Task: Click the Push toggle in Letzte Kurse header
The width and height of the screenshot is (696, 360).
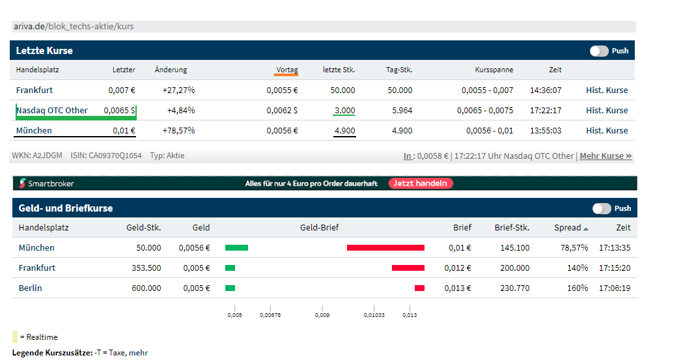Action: click(599, 51)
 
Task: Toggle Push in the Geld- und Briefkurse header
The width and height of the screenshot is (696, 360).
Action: click(602, 208)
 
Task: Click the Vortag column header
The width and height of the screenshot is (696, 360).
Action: click(286, 70)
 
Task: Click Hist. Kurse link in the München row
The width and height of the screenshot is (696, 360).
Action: click(607, 130)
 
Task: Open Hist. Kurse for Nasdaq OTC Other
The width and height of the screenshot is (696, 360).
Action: click(607, 110)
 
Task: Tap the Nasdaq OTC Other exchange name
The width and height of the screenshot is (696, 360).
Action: click(52, 110)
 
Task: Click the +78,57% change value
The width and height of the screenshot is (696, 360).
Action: click(178, 130)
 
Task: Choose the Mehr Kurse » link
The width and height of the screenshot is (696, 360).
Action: click(606, 156)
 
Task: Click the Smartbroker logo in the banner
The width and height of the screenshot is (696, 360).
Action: click(46, 184)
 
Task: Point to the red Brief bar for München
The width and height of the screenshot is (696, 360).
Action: click(385, 247)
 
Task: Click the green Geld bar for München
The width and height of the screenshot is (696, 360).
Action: click(236, 247)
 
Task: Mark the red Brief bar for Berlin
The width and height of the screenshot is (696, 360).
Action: click(419, 288)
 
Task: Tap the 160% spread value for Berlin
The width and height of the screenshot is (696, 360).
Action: click(577, 288)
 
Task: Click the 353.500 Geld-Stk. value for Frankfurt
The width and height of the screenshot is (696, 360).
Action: click(146, 268)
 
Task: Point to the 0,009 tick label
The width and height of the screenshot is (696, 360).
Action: click(322, 315)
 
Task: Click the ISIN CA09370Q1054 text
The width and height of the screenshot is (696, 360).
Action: click(105, 156)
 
